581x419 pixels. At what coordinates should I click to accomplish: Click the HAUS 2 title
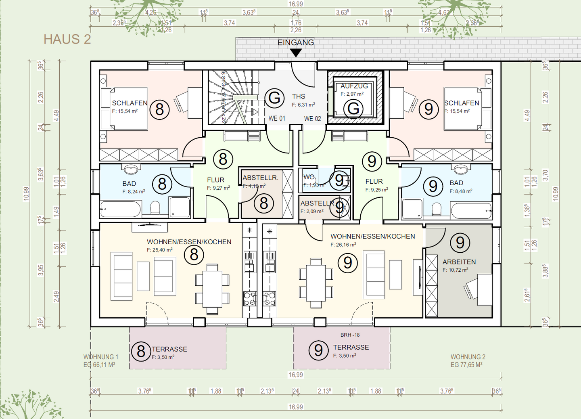click(x=67, y=40)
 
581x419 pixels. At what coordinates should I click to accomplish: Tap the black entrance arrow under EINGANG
click(x=296, y=53)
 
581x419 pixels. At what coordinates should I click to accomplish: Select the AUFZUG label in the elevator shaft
click(x=354, y=86)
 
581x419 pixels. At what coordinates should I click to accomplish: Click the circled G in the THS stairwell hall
click(x=274, y=98)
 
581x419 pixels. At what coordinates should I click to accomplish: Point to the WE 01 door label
click(x=277, y=118)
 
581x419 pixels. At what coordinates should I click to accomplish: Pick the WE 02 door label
click(x=312, y=119)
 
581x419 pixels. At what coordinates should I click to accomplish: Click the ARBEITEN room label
click(x=459, y=262)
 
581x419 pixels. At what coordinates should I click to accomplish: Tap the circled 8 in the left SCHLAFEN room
click(x=159, y=109)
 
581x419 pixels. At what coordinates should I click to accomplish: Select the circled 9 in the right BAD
click(x=433, y=186)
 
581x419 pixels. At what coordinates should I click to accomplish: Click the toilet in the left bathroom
click(x=155, y=208)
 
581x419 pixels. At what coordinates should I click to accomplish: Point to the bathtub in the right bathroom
click(x=471, y=210)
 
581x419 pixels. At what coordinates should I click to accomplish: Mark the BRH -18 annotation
click(x=350, y=335)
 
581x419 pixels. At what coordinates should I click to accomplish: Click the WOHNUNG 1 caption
click(x=101, y=357)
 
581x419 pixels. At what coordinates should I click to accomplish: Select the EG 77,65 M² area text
click(x=467, y=365)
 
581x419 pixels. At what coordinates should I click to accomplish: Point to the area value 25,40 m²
click(x=159, y=250)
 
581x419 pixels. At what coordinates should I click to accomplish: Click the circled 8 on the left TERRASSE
click(x=141, y=351)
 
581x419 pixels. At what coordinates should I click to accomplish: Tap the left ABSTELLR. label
click(x=260, y=178)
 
